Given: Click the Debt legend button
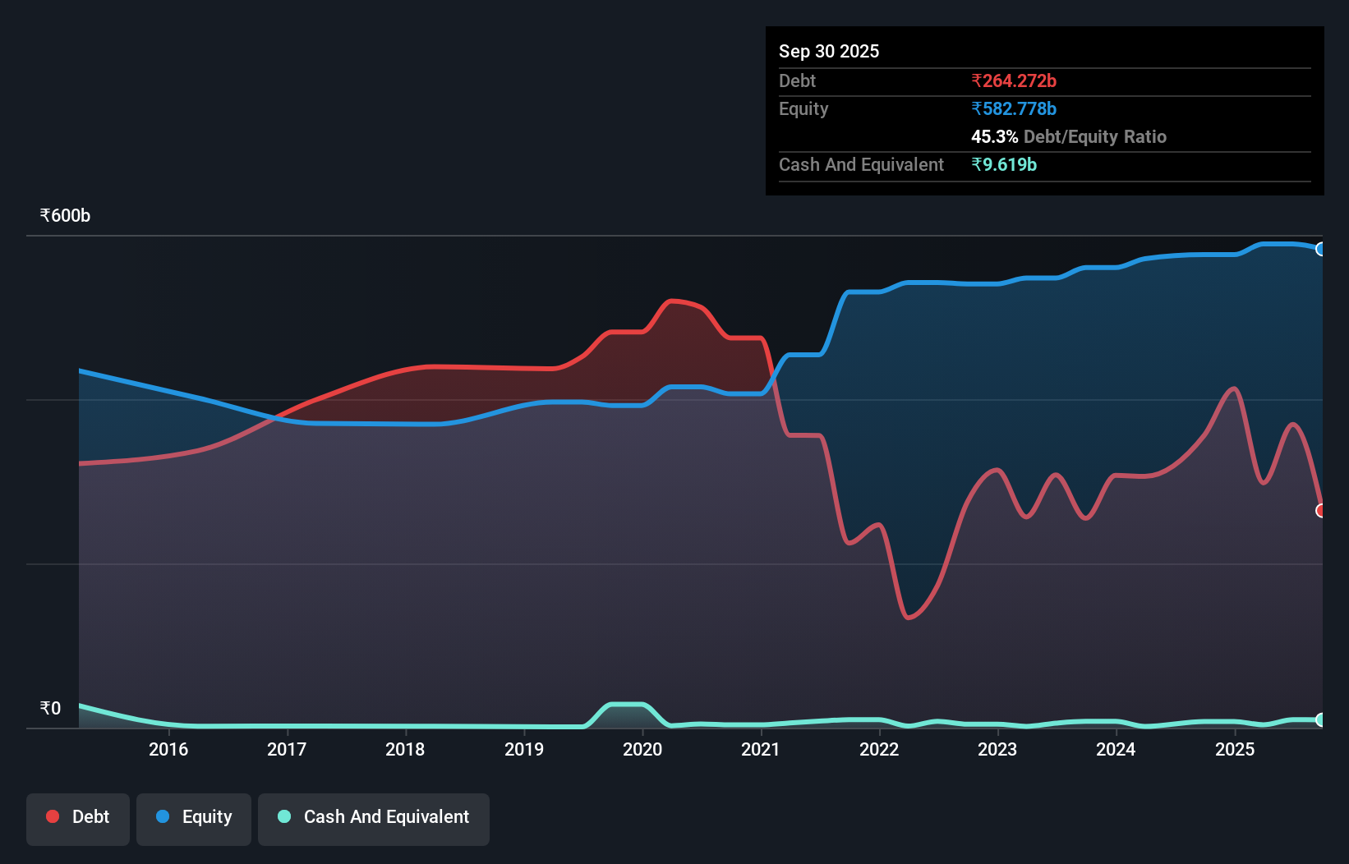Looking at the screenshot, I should pyautogui.click(x=78, y=817).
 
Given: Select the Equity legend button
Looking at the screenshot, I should pyautogui.click(x=194, y=817).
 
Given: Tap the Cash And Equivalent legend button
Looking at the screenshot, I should pyautogui.click(x=374, y=817).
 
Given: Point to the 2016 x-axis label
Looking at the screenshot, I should pyautogui.click(x=168, y=749).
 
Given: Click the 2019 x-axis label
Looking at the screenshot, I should pyautogui.click(x=524, y=749).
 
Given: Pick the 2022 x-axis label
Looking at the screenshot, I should pyautogui.click(x=879, y=749).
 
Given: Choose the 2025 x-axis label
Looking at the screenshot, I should pyautogui.click(x=1235, y=749).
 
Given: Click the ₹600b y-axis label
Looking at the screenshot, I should pyautogui.click(x=65, y=216).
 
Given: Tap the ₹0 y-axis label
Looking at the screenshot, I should pyautogui.click(x=50, y=709).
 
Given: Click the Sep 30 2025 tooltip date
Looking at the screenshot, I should pyautogui.click(x=829, y=51).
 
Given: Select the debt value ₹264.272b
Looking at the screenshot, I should pyautogui.click(x=1014, y=80).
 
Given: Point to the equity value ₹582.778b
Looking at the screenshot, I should pyautogui.click(x=1014, y=108).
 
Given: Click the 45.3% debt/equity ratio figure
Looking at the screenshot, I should pyautogui.click(x=994, y=136).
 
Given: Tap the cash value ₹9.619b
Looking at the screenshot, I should pyautogui.click(x=1004, y=164).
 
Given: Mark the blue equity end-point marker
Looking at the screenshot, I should pyautogui.click(x=1320, y=249).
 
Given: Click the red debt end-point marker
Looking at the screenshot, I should pyautogui.click(x=1320, y=511).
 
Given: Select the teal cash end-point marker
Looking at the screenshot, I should pyautogui.click(x=1320, y=719).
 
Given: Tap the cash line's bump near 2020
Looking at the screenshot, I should pyautogui.click(x=626, y=705).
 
